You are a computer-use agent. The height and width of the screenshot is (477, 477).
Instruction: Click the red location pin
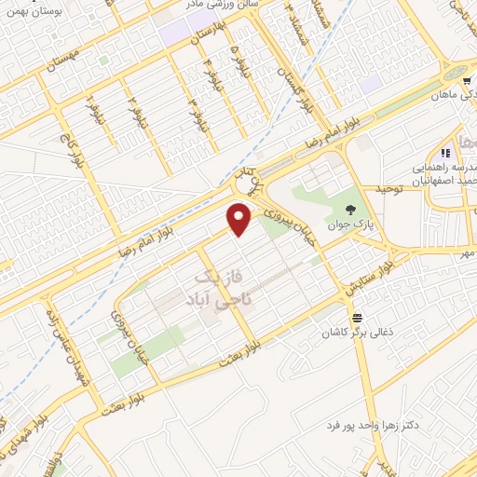coord(240,220)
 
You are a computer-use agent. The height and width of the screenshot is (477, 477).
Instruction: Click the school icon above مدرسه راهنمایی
coord(445,152)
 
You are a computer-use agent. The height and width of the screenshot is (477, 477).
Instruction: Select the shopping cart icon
coord(465,80)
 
